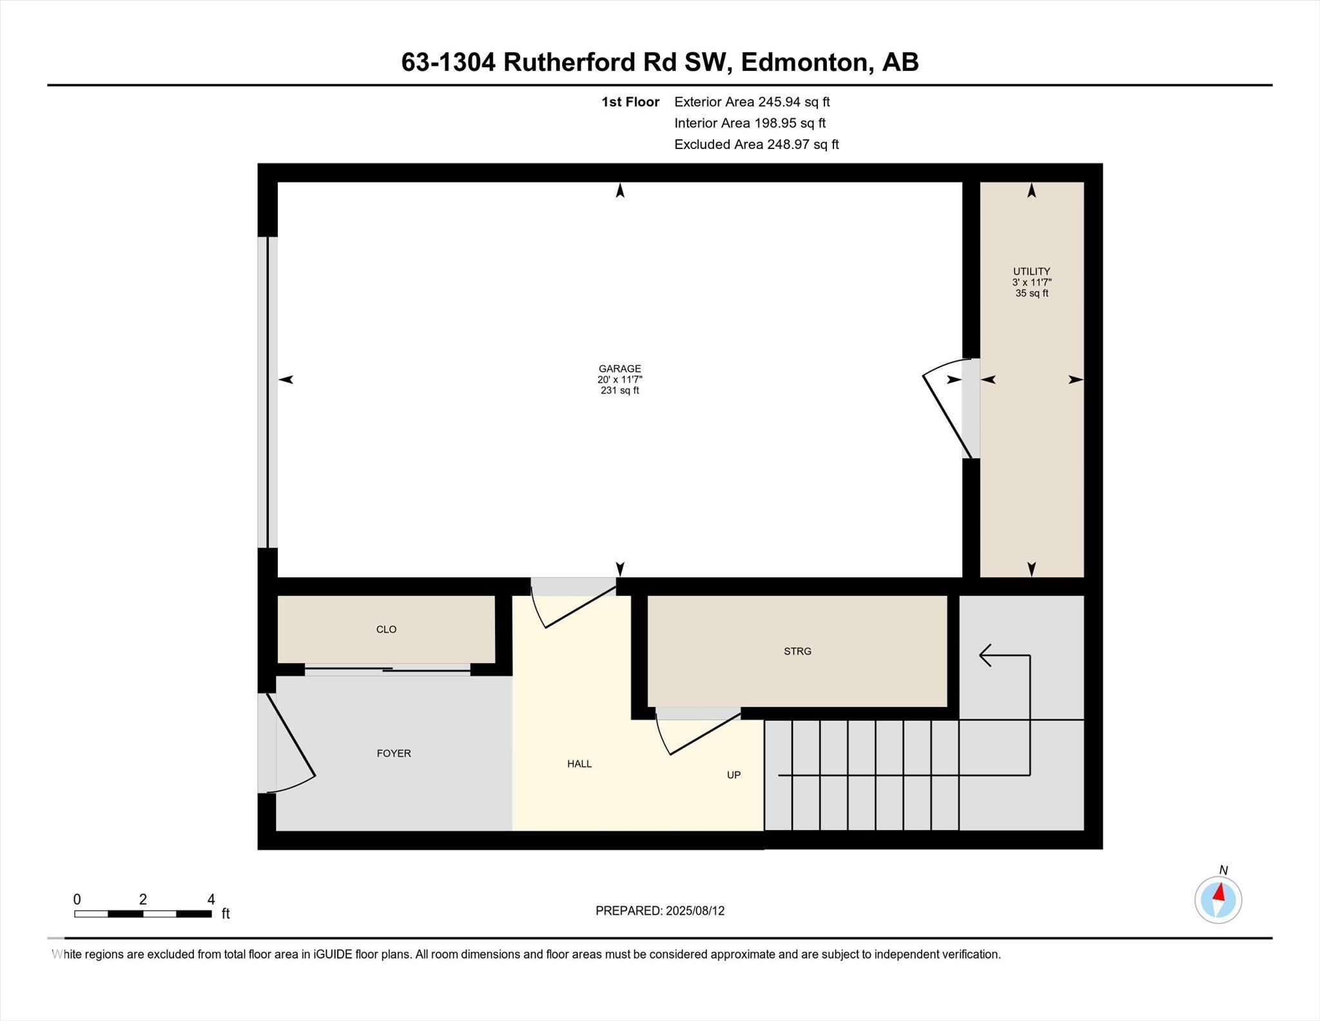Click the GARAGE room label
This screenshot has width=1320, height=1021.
point(619,369)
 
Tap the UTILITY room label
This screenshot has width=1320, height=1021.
point(1031,272)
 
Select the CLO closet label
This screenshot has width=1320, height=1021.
point(386,629)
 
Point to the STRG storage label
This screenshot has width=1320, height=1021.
point(797,651)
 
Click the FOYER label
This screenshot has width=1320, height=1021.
point(394,753)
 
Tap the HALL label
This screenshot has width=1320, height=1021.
point(579,764)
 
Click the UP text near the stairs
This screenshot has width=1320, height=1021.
point(733,775)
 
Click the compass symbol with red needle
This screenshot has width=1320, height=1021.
point(1218,900)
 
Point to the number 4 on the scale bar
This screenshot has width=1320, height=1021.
point(211,899)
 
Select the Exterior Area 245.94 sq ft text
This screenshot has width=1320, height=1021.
point(752,102)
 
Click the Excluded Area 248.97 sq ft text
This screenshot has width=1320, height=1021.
point(756,144)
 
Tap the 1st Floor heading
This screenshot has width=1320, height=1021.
point(630,102)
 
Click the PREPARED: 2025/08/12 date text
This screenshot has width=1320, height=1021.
point(659,911)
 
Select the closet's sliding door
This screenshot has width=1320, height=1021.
point(387,670)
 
